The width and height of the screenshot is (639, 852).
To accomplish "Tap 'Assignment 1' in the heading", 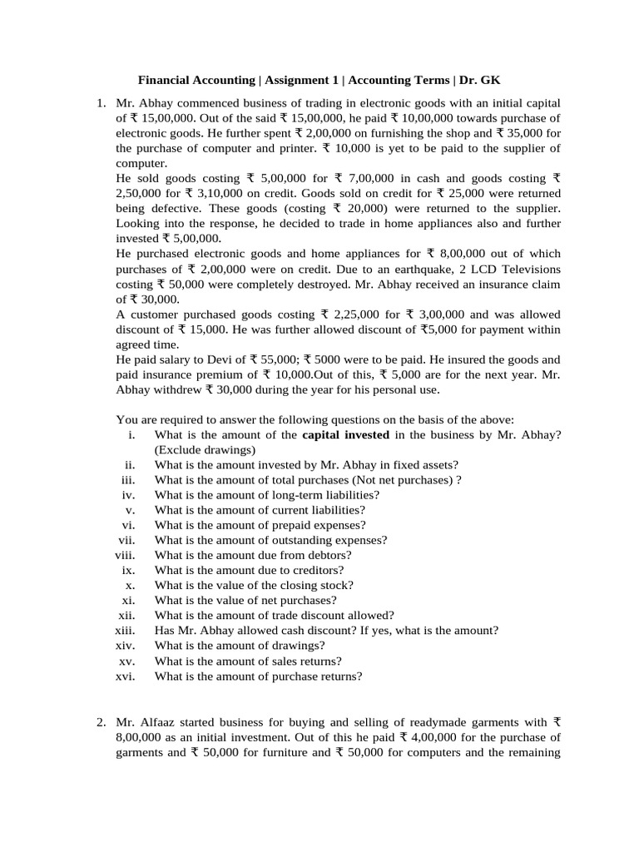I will (x=300, y=80).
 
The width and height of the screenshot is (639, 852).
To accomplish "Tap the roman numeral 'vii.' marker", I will (x=126, y=540).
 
